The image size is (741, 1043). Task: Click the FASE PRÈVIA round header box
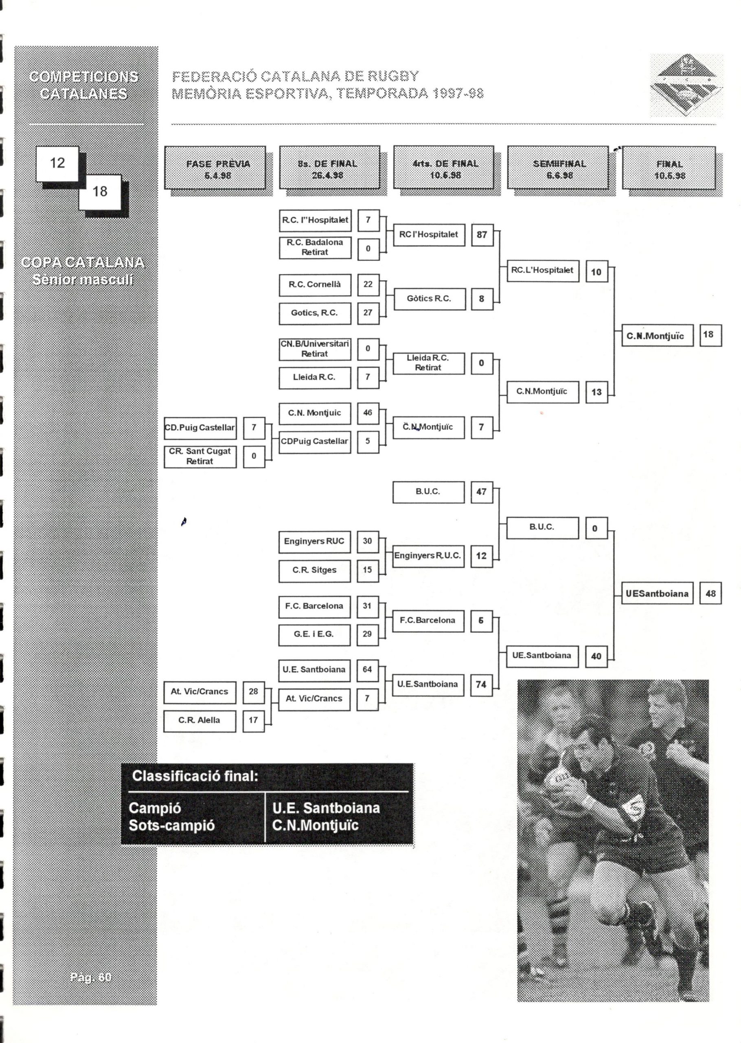215,168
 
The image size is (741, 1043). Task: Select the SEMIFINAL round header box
557,168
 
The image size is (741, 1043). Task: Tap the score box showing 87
482,235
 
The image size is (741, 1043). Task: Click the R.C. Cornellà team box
315,285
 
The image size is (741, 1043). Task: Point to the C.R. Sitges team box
314,570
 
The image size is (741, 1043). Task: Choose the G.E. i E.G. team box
314,634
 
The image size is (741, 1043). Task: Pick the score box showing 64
367,670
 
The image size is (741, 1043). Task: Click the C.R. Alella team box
199,720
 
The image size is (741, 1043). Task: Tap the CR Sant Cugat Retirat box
200,456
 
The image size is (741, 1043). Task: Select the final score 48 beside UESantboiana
710,593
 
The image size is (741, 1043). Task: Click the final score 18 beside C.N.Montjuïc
710,334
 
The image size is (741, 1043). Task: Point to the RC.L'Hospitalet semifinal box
542,270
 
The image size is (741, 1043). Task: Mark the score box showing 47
481,492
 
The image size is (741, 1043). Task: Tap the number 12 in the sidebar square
57,163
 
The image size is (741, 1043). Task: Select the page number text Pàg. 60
91,977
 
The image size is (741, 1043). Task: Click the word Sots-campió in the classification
171,825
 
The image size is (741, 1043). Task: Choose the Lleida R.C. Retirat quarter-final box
428,363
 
